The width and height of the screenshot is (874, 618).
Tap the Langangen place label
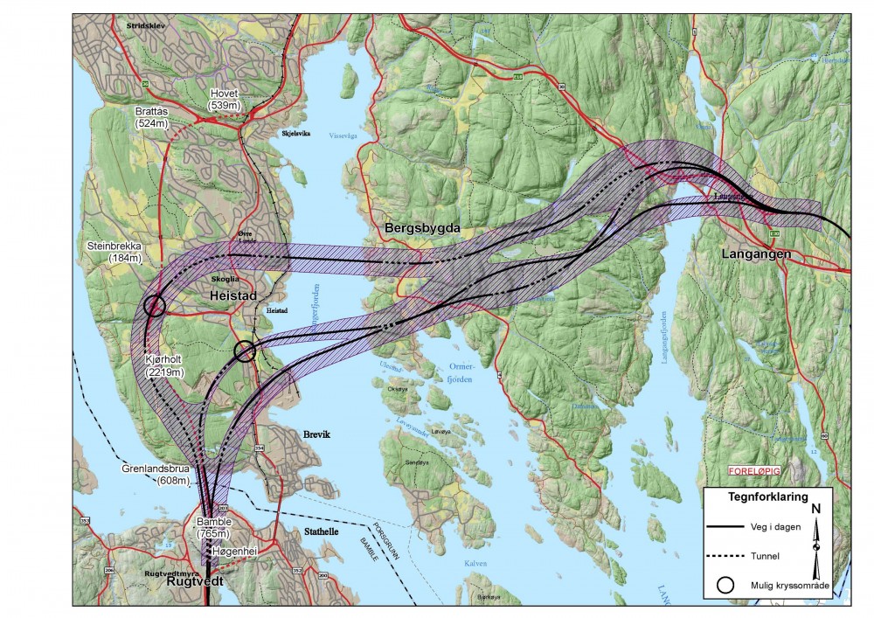pos(756,253)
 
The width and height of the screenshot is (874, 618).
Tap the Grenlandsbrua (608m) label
pos(156,475)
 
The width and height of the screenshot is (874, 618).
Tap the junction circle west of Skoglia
pos(155,305)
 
